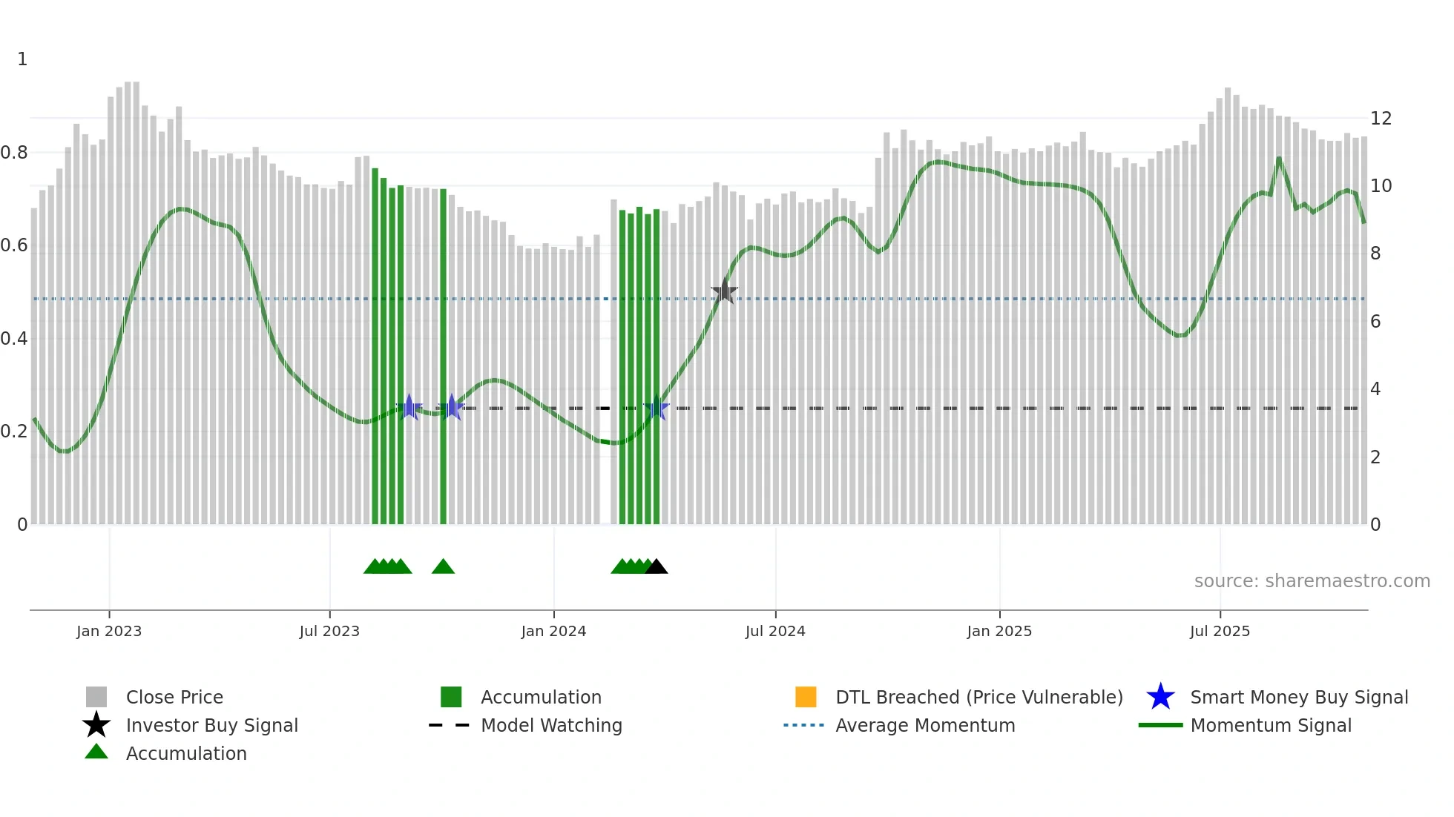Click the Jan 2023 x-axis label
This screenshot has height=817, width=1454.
point(108,631)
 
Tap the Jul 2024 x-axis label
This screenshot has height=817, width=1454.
point(775,631)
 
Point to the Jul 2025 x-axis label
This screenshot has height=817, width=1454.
point(1220,631)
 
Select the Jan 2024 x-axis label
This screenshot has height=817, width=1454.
point(553,631)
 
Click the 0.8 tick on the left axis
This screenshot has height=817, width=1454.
point(14,153)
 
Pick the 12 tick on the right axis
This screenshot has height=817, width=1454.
point(1381,119)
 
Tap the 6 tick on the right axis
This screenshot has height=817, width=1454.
point(1375,322)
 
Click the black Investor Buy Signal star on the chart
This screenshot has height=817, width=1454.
point(725,291)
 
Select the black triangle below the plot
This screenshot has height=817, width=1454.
point(656,567)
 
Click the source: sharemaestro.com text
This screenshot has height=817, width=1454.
point(1312,581)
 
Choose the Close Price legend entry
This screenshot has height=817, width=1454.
point(174,698)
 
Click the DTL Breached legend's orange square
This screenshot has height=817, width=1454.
point(806,697)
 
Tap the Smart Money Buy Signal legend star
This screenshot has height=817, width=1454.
point(1160,697)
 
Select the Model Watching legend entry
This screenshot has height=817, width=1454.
point(551,726)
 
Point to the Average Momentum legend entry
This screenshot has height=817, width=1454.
point(925,726)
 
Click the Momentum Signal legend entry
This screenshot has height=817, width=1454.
point(1271,726)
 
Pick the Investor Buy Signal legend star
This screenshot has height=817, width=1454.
point(96,725)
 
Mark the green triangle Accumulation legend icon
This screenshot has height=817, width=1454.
point(96,752)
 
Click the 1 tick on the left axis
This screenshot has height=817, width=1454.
point(22,59)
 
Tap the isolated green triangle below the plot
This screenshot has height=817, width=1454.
point(443,567)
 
